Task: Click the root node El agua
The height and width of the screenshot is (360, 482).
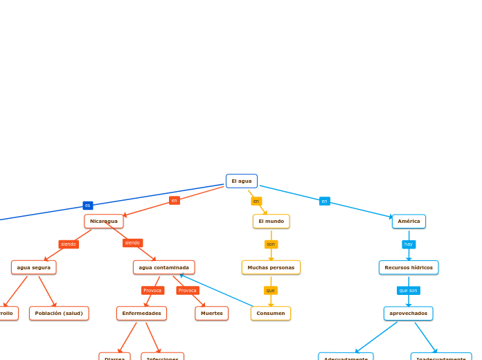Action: pos(242,181)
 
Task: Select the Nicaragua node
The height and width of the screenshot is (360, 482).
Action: pos(104,222)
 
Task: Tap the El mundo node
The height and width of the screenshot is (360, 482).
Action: pos(271,222)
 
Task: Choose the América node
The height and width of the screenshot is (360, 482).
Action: pos(409,222)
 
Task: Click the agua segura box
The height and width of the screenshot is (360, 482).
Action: pos(34,267)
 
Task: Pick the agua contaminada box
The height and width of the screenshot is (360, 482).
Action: pos(163,267)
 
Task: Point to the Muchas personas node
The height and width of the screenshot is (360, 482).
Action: pos(271,267)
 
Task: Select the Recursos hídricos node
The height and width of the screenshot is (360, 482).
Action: pos(409,267)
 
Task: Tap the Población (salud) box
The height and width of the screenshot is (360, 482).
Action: pos(59,314)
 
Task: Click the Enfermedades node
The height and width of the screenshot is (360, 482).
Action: pos(141,314)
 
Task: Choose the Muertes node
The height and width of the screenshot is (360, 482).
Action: pos(212,314)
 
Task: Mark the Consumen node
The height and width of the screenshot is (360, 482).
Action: pos(271,314)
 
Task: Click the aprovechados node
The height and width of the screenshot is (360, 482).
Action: pos(409,314)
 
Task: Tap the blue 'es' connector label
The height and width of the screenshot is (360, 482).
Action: pos(88,206)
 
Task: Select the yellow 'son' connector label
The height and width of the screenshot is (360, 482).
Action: pos(271,244)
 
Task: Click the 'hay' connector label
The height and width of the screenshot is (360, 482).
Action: pos(409,244)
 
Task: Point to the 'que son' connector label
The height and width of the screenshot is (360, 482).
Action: pos(409,291)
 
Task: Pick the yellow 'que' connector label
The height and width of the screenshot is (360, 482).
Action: pos(271,291)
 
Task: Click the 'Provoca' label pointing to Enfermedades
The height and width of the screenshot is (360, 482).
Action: pos(152,291)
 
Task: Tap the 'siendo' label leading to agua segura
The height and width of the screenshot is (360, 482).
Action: pos(69,244)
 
